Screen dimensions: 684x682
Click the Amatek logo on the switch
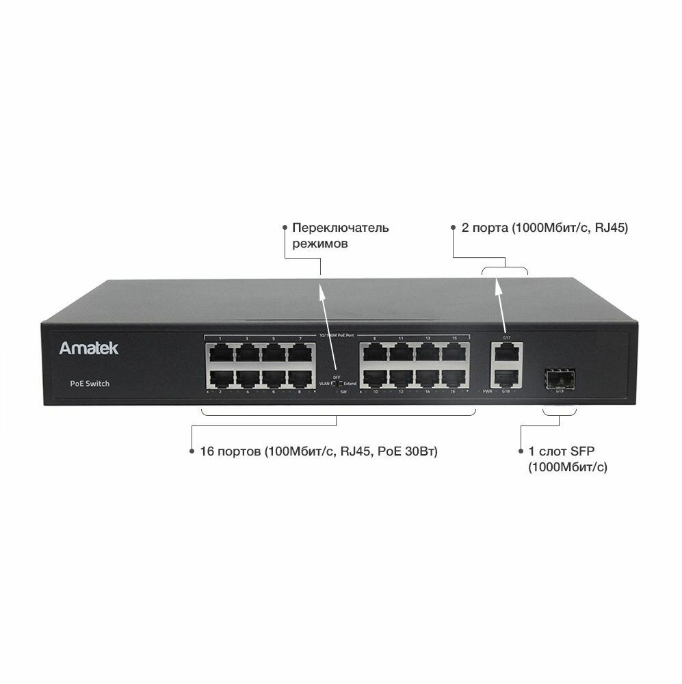click(x=88, y=348)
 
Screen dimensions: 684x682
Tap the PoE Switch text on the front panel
click(x=90, y=384)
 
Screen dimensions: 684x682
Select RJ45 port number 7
click(x=300, y=354)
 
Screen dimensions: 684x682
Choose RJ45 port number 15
click(x=454, y=354)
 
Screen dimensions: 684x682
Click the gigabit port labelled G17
click(x=506, y=353)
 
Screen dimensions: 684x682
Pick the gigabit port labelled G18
click(x=506, y=378)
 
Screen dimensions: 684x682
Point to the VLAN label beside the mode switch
click(x=324, y=384)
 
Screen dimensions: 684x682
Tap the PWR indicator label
click(x=488, y=392)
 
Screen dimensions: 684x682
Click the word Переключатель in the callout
click(x=340, y=228)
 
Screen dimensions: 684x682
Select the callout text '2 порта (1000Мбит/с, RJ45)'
click(x=545, y=228)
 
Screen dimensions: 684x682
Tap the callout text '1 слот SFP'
click(x=558, y=452)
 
